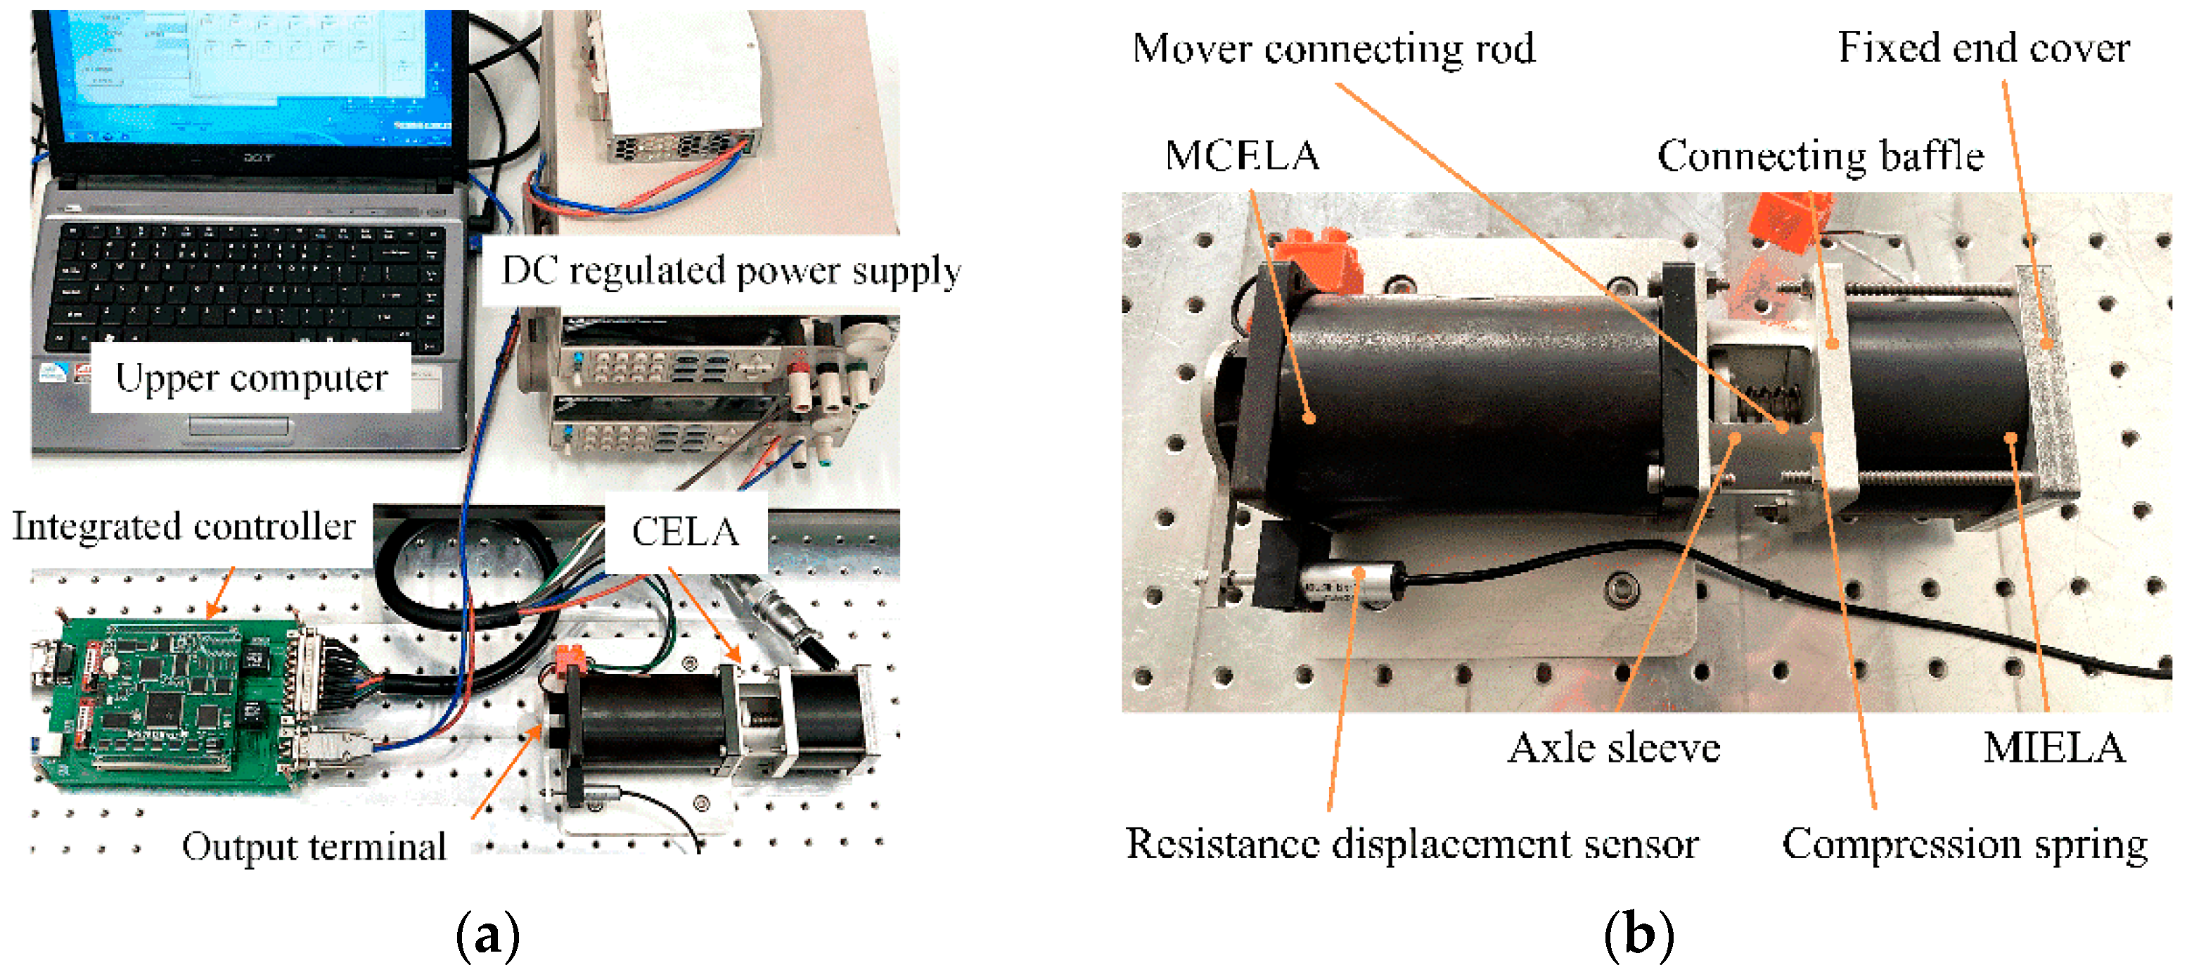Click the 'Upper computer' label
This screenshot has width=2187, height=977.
pos(251,378)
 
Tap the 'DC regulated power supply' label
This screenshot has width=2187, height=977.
pos(731,272)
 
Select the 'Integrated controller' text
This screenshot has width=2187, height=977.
pos(184,526)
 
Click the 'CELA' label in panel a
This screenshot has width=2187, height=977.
pos(685,532)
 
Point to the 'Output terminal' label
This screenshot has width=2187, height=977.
pos(314,846)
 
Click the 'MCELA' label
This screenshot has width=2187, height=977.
pos(1242,156)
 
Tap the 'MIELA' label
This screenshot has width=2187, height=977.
pos(2053,748)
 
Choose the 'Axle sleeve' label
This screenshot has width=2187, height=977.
pos(1613,748)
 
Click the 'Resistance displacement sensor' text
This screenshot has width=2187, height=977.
pos(1412,844)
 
